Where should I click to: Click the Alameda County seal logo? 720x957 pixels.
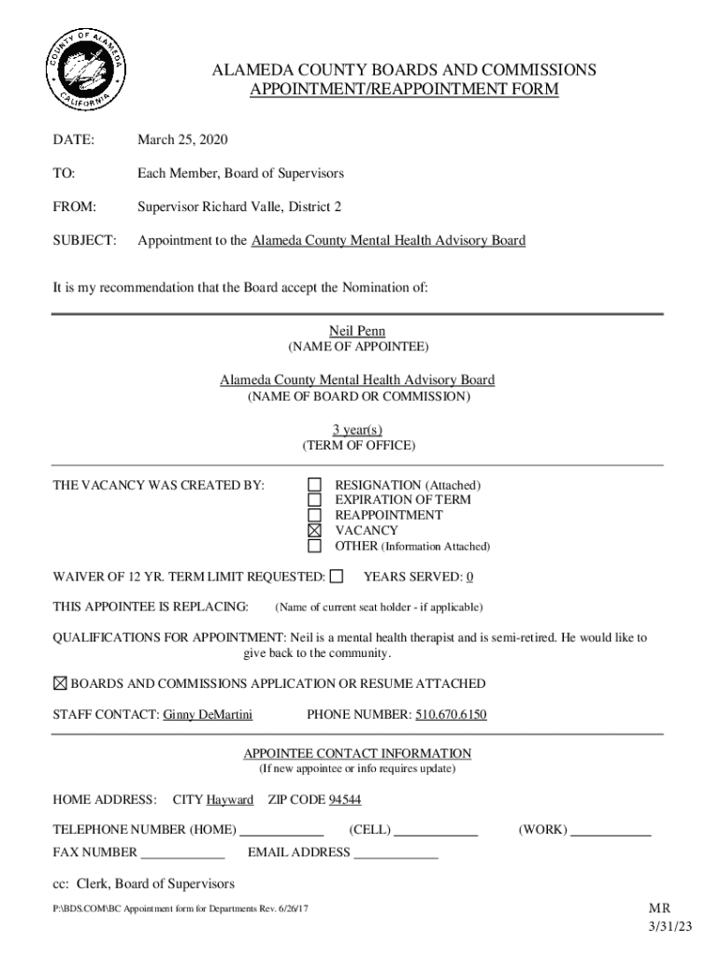pyautogui.click(x=86, y=71)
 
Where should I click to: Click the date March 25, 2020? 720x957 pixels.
pyautogui.click(x=182, y=140)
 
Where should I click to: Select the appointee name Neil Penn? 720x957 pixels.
pyautogui.click(x=357, y=332)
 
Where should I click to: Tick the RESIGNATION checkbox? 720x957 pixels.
pyautogui.click(x=315, y=485)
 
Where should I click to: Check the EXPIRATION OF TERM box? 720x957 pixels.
pyautogui.click(x=315, y=500)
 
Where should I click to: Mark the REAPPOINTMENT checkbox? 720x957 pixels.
pyautogui.click(x=315, y=515)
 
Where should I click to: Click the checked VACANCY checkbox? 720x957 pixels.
pyautogui.click(x=315, y=530)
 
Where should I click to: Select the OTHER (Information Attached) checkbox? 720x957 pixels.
pyautogui.click(x=315, y=546)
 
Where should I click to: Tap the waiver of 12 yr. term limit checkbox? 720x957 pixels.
pyautogui.click(x=337, y=576)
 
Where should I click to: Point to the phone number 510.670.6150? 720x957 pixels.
pyautogui.click(x=451, y=716)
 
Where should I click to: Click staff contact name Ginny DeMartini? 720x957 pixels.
pyautogui.click(x=208, y=716)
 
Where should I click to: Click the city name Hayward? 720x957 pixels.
pyautogui.click(x=230, y=800)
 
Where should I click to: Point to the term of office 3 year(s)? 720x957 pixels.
pyautogui.click(x=357, y=429)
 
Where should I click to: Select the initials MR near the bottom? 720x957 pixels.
pyautogui.click(x=659, y=908)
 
